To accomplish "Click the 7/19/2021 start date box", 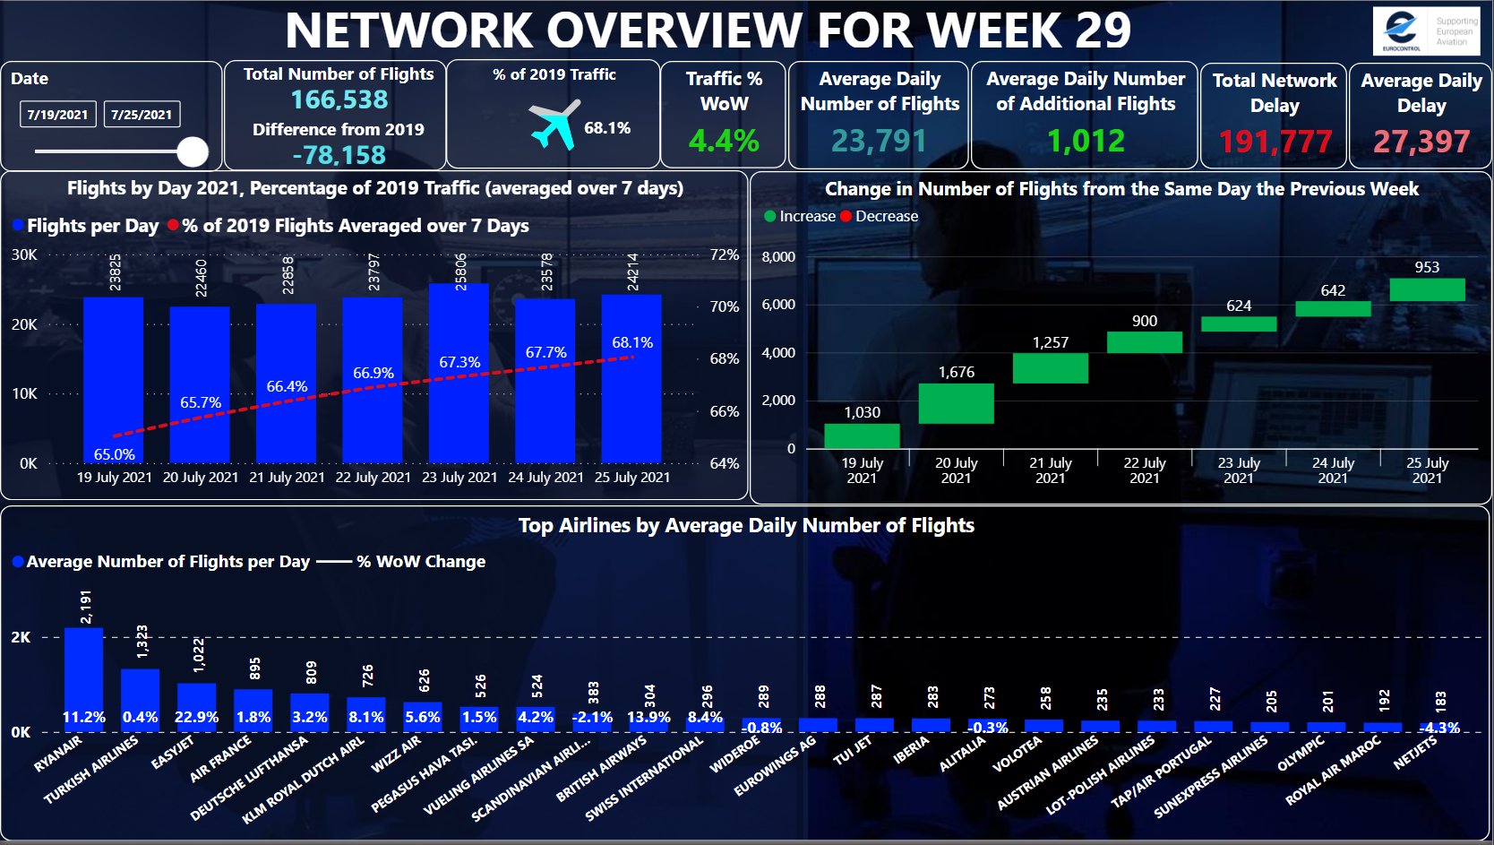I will (x=57, y=115).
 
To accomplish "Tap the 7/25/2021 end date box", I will (x=142, y=115).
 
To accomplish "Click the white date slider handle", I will (x=193, y=151).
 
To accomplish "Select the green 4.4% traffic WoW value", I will (x=724, y=141).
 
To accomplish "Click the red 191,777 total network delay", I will (x=1275, y=142).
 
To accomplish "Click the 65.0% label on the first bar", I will (x=115, y=454).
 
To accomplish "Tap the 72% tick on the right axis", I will (x=724, y=254).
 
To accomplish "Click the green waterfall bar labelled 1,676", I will (x=956, y=403).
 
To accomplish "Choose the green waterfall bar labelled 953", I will (x=1427, y=289).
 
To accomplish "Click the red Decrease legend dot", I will (x=846, y=216).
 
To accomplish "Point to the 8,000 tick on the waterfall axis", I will (x=777, y=257).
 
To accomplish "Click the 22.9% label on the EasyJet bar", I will (x=196, y=717).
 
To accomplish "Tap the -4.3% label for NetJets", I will (x=1438, y=728).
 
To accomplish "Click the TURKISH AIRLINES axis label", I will (x=92, y=769).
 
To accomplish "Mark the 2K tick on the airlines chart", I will (x=21, y=637).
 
